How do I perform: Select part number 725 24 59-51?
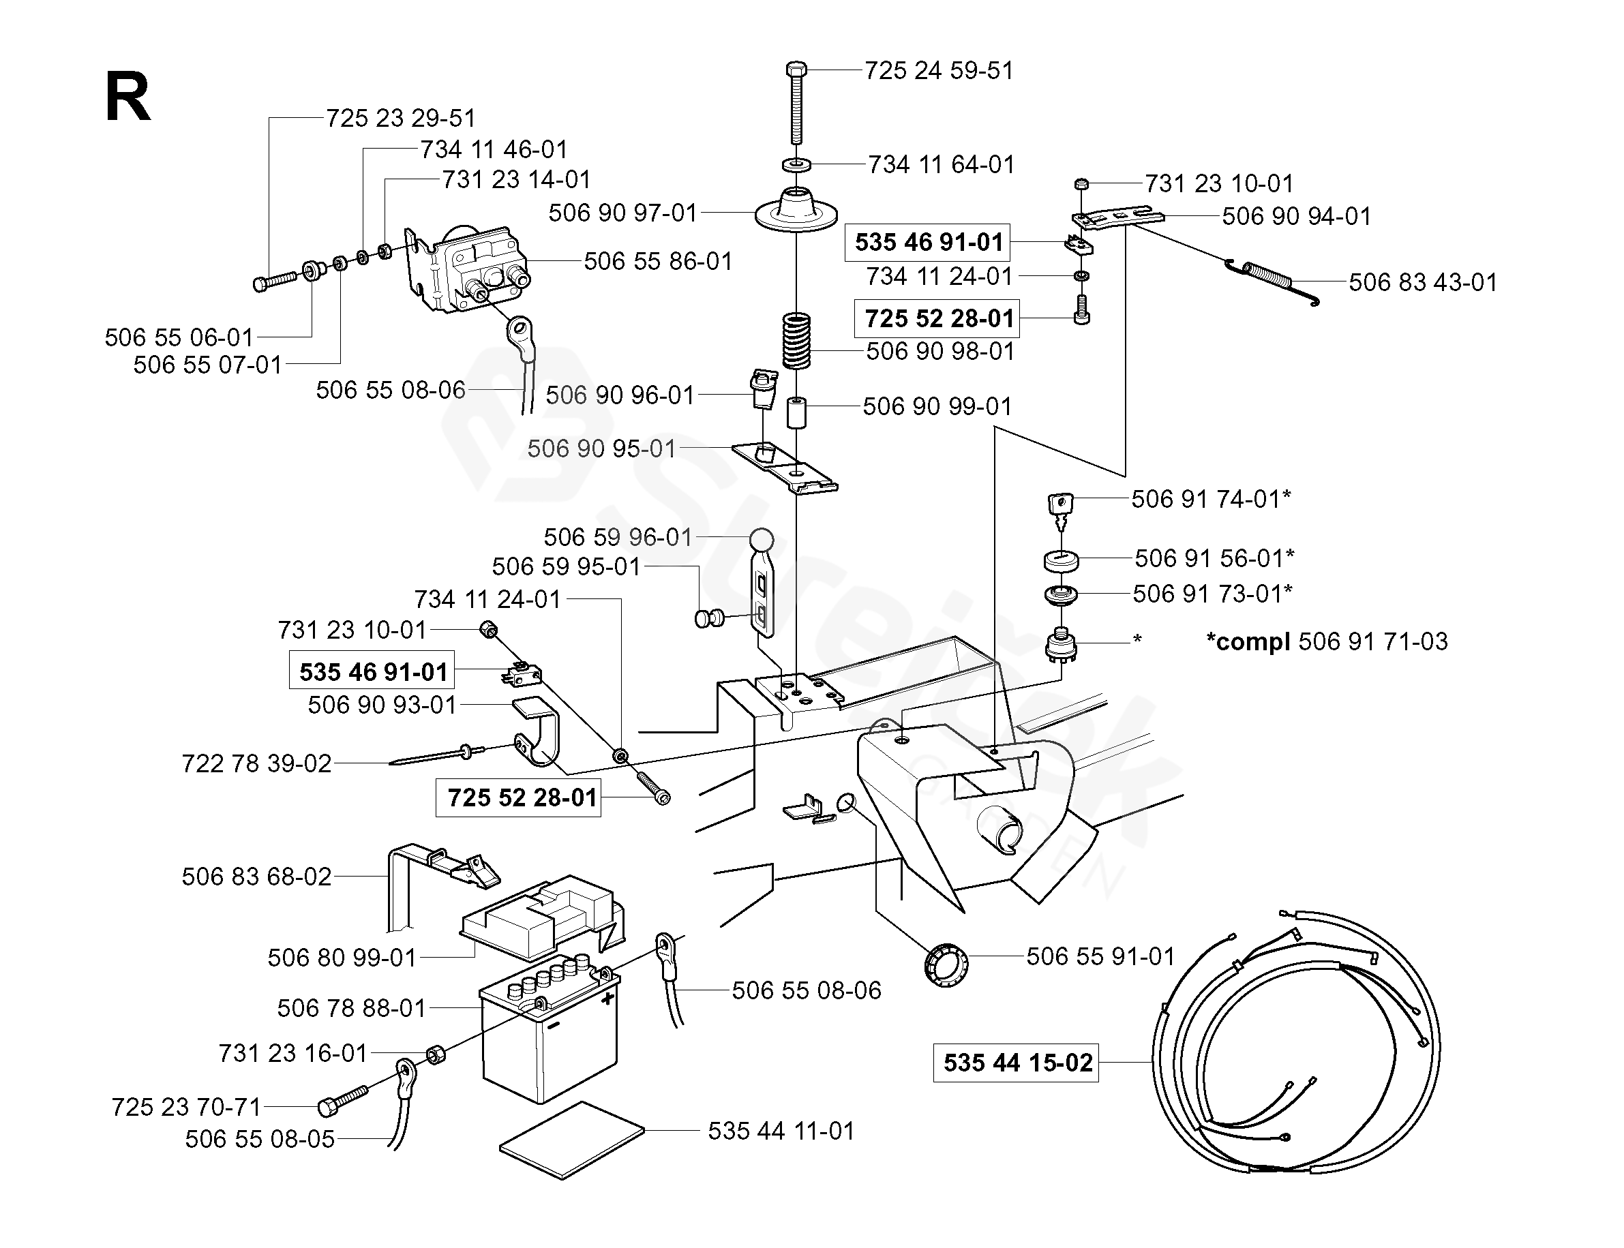[x=938, y=71]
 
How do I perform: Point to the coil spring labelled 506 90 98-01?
[x=796, y=341]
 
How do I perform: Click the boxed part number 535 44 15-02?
[x=1016, y=1063]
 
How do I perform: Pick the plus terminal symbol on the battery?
[x=607, y=999]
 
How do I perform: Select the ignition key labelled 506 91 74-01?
[x=1061, y=505]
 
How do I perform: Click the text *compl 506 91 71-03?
[x=1327, y=641]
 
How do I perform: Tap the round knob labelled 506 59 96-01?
[x=762, y=538]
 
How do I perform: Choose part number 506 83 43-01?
[x=1422, y=282]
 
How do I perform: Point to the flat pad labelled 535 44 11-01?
[x=572, y=1140]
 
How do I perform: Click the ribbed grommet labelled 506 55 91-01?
[x=946, y=964]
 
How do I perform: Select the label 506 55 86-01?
[x=657, y=262]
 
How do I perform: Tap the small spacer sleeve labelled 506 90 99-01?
[x=796, y=412]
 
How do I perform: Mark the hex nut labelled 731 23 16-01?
[x=436, y=1054]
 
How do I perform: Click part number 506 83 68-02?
[x=256, y=877]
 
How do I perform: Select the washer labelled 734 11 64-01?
[x=796, y=164]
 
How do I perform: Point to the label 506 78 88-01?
[x=351, y=1008]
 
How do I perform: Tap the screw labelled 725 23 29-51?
[x=274, y=282]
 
